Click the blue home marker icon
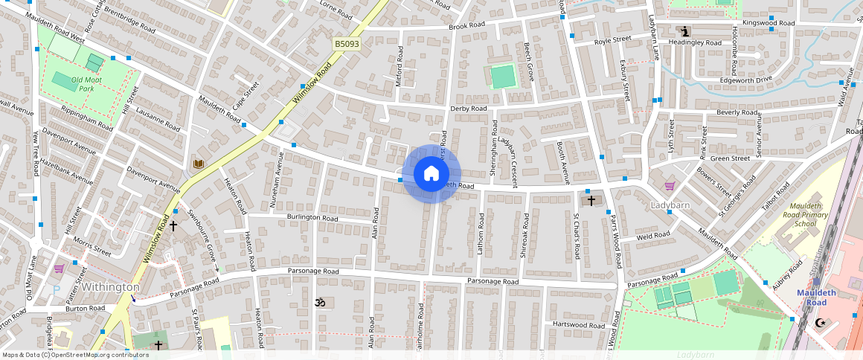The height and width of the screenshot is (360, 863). point(431,173)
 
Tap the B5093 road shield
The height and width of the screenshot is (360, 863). point(347,45)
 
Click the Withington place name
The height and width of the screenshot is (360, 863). point(111,286)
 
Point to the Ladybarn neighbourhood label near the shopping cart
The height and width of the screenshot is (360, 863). point(670,205)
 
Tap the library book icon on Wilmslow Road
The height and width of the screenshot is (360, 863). point(198,164)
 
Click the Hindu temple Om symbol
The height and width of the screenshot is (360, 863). point(321,303)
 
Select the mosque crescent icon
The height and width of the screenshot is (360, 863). point(821,322)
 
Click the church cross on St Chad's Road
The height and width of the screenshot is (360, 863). point(591,200)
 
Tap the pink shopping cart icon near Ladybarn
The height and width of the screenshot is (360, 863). point(670,186)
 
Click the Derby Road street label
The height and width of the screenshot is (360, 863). point(469,109)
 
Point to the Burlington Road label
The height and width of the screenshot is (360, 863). point(312,218)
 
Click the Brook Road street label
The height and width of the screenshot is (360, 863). point(466,26)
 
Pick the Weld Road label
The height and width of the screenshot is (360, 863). point(654,235)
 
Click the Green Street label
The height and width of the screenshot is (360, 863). point(730,158)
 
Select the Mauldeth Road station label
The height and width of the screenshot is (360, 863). point(817,298)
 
